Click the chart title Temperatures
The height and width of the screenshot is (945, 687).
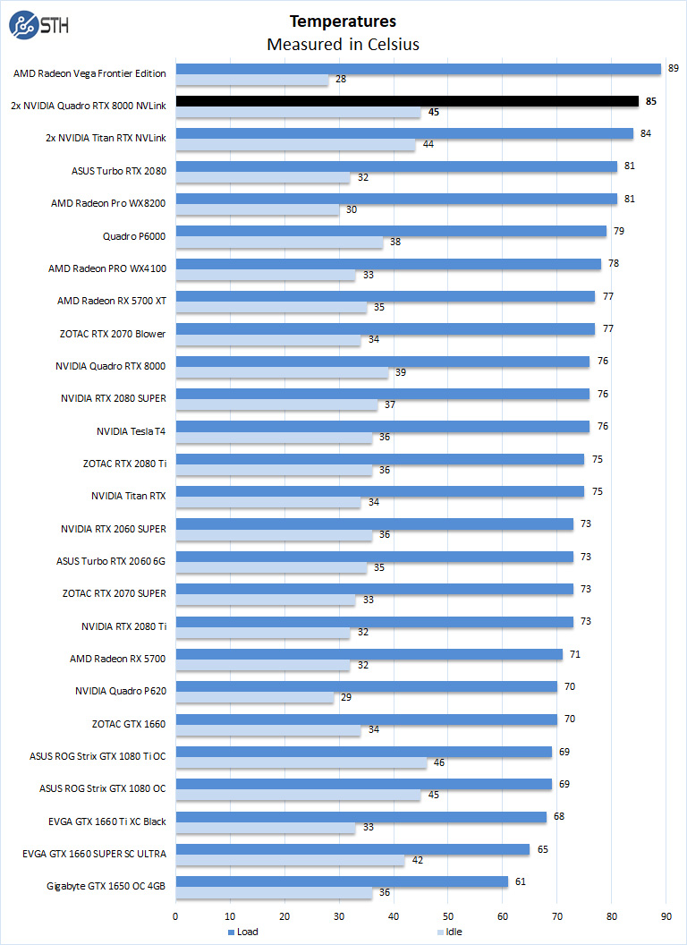coord(343,21)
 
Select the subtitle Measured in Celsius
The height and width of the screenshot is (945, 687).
coord(343,44)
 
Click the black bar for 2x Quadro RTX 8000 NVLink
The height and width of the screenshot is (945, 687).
coord(407,101)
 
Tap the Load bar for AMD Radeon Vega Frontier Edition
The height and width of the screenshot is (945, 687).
coord(418,69)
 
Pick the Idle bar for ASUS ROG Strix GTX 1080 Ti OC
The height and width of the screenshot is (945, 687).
coord(301,763)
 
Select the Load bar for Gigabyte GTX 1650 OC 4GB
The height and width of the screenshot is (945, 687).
coord(342,881)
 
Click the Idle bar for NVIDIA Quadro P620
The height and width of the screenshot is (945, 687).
coord(254,698)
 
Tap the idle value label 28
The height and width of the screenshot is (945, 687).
coord(341,80)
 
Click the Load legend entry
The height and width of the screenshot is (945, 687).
coord(242,932)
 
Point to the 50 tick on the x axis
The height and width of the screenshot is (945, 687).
coord(448,916)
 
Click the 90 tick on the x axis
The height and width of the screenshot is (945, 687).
coord(666,916)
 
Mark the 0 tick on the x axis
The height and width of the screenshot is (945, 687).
coord(175,916)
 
